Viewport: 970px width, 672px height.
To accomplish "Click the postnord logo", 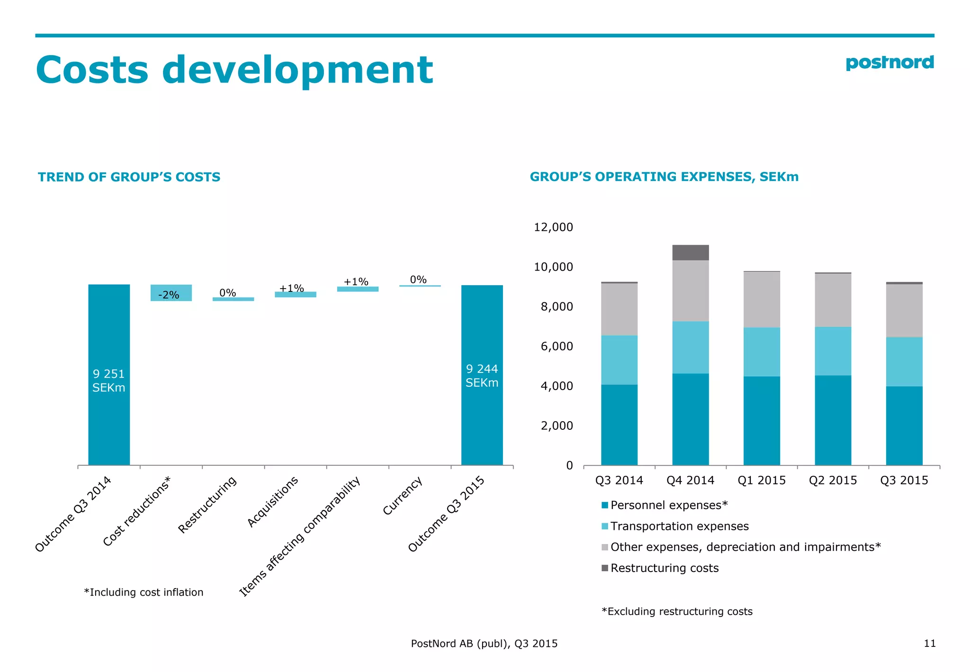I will pos(889,63).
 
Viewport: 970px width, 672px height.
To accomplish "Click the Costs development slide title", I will pos(234,70).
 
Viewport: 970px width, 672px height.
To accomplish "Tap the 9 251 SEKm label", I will pos(108,381).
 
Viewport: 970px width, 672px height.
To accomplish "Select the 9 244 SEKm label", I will pos(482,375).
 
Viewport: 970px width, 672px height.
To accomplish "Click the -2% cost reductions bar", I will pos(171,293).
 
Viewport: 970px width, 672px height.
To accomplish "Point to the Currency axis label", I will pos(402,496).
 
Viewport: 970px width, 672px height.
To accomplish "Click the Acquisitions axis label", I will pos(273,501).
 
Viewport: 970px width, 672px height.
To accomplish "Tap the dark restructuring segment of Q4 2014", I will pos(690,253).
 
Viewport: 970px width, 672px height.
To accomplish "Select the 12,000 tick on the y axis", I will pos(553,227).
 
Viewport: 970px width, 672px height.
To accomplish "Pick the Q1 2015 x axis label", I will pos(761,480).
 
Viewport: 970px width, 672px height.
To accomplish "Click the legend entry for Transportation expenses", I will pos(679,526).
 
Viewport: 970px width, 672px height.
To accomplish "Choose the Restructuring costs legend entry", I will pos(664,568).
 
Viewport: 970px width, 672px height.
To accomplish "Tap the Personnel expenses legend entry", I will pos(668,505).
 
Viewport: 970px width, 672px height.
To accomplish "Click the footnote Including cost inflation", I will pos(144,592).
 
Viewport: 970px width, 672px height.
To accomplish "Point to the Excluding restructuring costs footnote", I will pos(677,611).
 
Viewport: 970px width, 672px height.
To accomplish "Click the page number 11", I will pos(929,643).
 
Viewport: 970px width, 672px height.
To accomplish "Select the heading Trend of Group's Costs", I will pos(129,177).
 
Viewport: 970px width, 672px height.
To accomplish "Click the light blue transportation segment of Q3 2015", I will pos(904,362).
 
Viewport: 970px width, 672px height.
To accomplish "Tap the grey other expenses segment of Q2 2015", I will pos(833,300).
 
